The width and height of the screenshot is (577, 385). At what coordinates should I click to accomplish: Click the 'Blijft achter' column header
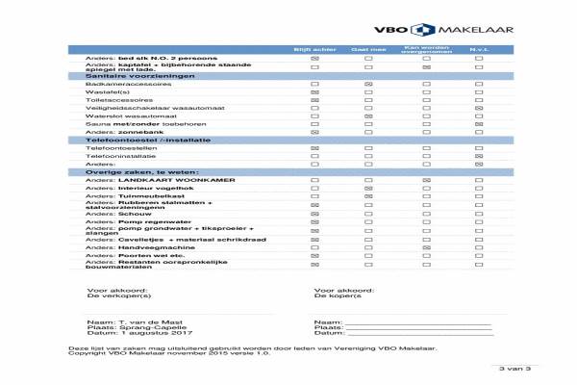tap(314, 48)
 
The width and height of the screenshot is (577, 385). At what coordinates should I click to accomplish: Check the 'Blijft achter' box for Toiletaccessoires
tap(314, 100)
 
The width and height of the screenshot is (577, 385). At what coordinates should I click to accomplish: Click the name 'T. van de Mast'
tap(144, 321)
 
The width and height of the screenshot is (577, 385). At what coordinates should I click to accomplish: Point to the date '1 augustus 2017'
tap(148, 333)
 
